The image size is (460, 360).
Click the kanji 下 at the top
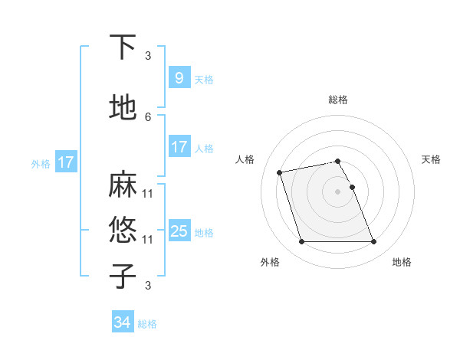tap(123, 48)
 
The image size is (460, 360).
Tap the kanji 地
tap(123, 109)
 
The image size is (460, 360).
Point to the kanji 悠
tap(123, 229)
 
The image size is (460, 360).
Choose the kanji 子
tap(123, 276)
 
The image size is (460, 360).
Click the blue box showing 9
tap(179, 77)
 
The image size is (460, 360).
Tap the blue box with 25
tap(179, 231)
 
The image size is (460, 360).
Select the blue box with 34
tap(122, 322)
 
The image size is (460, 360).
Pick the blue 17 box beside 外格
tap(65, 162)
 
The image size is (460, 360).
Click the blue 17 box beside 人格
tap(179, 147)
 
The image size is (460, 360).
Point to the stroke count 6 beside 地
tap(148, 116)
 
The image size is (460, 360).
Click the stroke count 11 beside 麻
tap(148, 193)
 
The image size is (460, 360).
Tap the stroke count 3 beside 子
tap(148, 286)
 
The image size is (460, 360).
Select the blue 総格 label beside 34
tap(147, 324)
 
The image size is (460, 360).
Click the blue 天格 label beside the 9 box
tap(204, 79)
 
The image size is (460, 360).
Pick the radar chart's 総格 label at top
tap(338, 100)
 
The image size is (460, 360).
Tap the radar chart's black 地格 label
tap(402, 262)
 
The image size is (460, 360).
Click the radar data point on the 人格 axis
tap(280, 172)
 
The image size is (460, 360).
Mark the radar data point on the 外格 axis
tap(301, 242)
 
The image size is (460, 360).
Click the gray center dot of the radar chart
tap(338, 191)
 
